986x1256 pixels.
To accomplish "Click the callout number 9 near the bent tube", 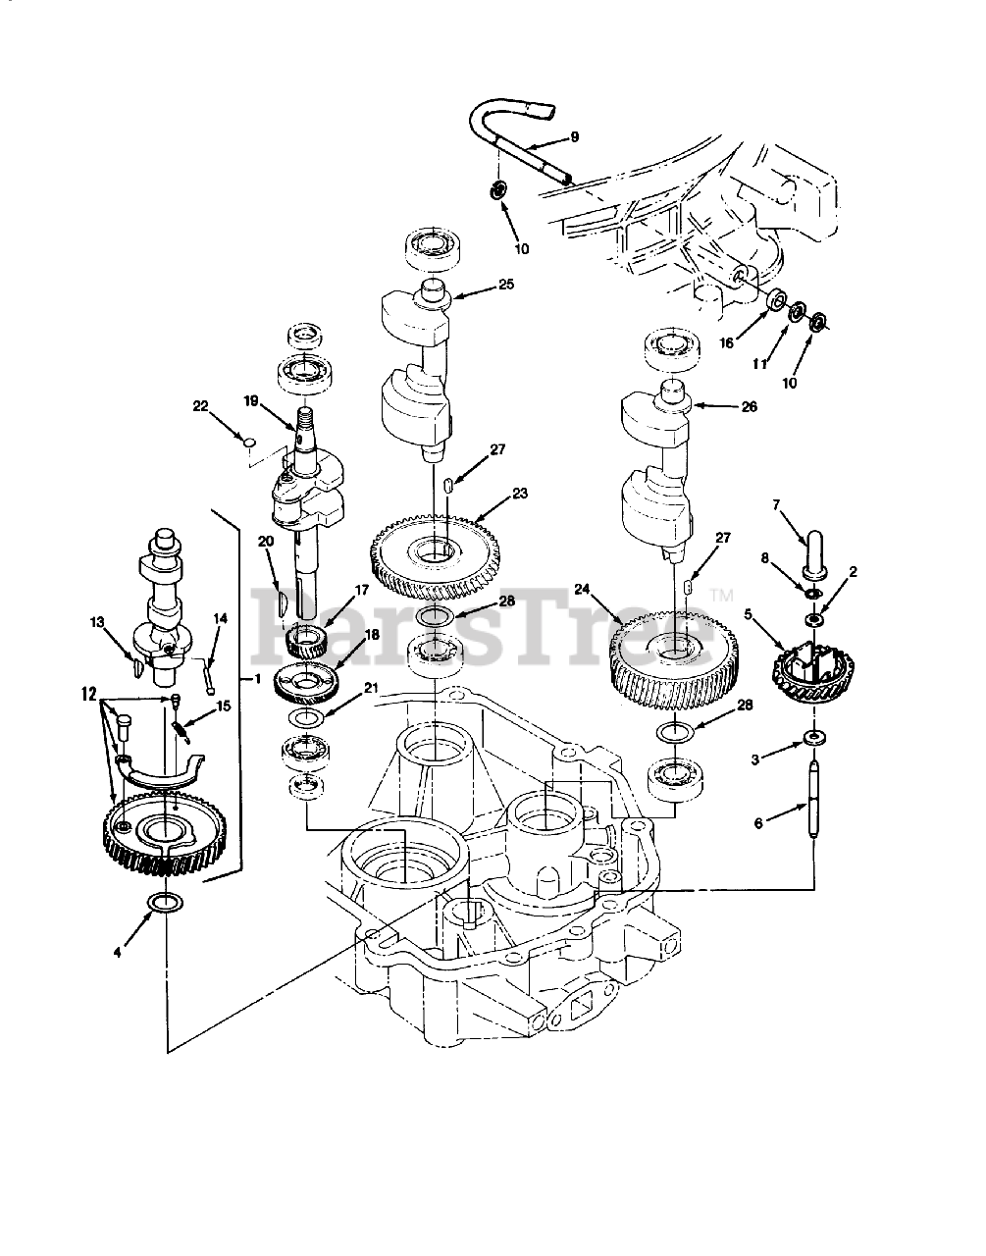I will (574, 137).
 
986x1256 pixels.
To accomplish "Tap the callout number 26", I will (749, 406).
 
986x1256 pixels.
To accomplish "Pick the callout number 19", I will (250, 400).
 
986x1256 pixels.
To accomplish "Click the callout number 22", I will (201, 407).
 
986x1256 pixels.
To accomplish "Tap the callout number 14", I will (220, 618).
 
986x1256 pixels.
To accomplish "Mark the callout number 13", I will (97, 621).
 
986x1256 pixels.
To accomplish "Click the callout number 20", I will (265, 542).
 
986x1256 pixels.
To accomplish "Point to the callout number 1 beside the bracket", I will (256, 680).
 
